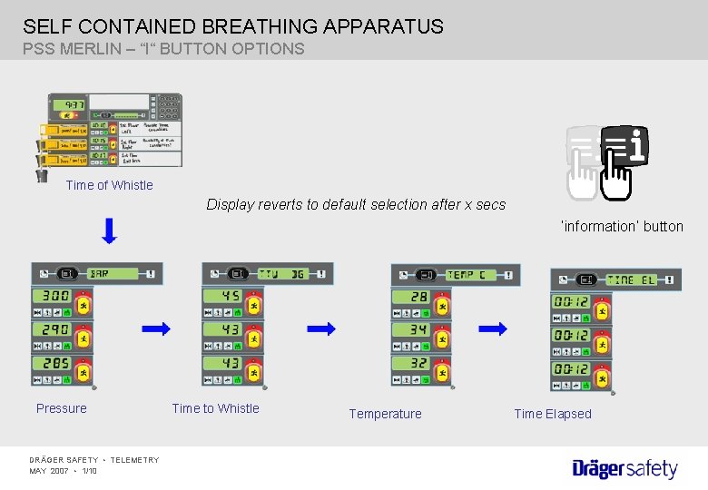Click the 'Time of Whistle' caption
click(109, 185)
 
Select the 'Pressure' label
click(62, 408)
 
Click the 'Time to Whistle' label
click(215, 408)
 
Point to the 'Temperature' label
click(385, 414)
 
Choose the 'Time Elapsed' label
click(552, 414)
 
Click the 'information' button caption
click(622, 226)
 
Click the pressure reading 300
click(54, 297)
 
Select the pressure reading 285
click(54, 363)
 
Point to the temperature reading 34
click(418, 330)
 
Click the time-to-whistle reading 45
click(231, 297)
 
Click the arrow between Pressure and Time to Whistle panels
click(156, 329)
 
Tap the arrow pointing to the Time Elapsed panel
click(493, 328)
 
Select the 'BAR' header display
click(100, 274)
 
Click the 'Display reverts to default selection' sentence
click(356, 204)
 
